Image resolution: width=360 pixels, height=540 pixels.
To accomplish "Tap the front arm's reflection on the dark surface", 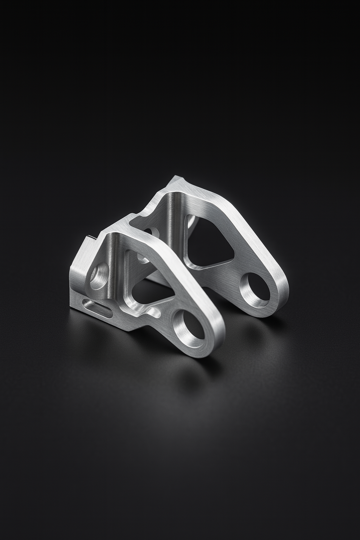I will [197, 380].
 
